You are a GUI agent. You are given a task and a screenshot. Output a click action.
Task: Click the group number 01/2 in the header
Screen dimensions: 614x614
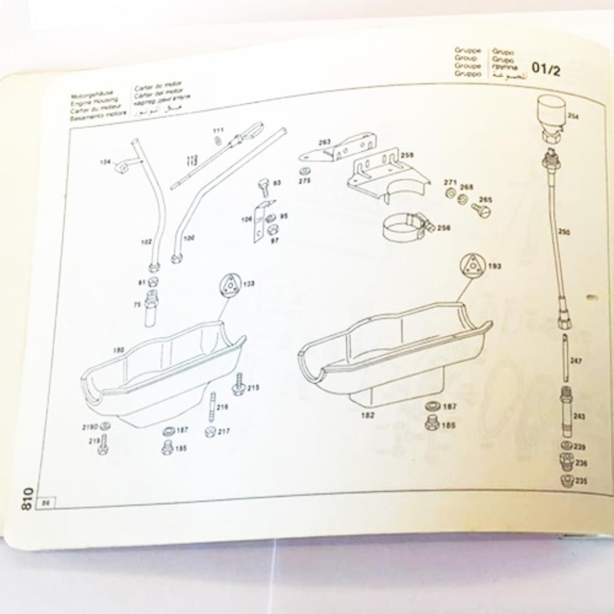(545, 70)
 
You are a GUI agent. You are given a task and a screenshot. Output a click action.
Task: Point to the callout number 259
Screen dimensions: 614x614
(407, 155)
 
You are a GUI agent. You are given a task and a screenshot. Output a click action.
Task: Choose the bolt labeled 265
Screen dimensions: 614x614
(480, 210)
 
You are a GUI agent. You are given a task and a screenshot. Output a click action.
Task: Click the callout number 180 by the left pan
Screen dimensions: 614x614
(119, 350)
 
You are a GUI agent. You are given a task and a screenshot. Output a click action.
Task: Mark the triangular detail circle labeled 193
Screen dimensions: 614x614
(474, 264)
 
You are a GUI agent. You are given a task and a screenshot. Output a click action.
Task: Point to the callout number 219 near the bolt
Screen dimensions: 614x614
(94, 441)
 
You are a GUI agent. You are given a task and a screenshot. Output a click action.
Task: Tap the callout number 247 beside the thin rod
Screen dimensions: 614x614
(576, 361)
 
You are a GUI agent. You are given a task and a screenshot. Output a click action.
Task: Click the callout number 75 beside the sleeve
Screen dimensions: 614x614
(137, 305)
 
